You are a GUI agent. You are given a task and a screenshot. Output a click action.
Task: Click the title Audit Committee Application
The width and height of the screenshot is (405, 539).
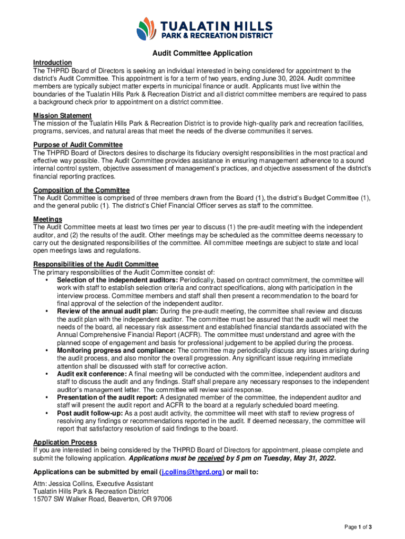202,53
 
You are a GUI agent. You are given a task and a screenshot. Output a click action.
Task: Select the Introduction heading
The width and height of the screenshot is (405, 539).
53,63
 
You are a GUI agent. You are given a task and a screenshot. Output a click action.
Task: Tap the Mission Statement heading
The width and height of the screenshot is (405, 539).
63,115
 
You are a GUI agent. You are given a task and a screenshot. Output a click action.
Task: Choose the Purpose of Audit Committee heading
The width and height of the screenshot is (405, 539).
78,145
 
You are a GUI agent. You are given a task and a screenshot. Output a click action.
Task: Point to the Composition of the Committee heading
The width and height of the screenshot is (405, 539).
82,190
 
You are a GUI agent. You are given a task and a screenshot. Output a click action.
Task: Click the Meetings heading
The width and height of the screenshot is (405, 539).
48,219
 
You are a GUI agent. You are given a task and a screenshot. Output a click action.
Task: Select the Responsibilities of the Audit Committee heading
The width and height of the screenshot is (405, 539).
96,264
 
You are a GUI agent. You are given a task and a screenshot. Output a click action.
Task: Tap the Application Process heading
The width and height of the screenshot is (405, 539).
65,443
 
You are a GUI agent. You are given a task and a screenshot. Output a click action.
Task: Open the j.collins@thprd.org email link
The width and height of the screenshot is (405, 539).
191,472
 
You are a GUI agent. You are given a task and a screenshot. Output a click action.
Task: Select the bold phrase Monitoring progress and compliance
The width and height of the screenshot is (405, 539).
116,350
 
